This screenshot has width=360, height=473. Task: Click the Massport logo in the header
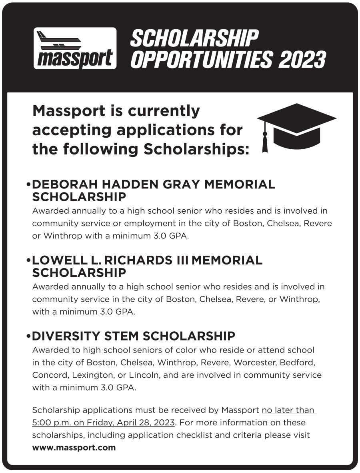click(x=75, y=48)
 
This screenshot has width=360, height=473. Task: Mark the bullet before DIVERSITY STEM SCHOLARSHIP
click(x=28, y=336)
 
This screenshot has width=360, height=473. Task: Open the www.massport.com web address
click(x=74, y=448)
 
